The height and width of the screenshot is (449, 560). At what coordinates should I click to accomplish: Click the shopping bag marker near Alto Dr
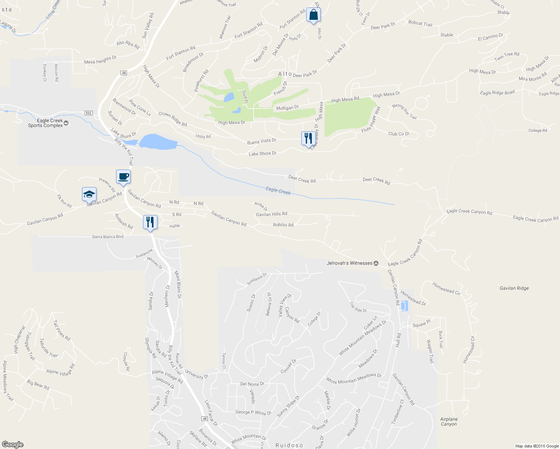pyautogui.click(x=313, y=15)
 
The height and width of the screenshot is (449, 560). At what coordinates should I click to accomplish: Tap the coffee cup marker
pyautogui.click(x=123, y=177)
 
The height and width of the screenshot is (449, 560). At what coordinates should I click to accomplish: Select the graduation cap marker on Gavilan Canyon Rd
pyautogui.click(x=89, y=195)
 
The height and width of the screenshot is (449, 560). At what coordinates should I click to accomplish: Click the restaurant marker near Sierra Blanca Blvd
pyautogui.click(x=150, y=222)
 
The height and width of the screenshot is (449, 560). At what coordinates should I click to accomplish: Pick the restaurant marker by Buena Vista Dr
pyautogui.click(x=308, y=138)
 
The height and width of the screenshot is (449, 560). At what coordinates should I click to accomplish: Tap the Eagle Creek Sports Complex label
pyautogui.click(x=46, y=123)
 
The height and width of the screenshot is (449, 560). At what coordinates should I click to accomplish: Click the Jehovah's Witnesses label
pyautogui.click(x=350, y=263)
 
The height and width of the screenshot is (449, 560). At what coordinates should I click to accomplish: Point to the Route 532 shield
pyautogui.click(x=88, y=113)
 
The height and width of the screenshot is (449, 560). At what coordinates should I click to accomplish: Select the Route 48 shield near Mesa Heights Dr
pyautogui.click(x=124, y=73)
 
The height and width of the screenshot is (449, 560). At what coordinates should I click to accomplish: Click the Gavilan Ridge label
pyautogui.click(x=514, y=288)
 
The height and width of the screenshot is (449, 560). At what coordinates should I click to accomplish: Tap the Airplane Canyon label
pyautogui.click(x=449, y=422)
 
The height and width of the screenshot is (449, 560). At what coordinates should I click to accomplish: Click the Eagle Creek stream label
pyautogui.click(x=278, y=190)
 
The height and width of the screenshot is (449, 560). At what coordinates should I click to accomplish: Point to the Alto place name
pyautogui.click(x=285, y=74)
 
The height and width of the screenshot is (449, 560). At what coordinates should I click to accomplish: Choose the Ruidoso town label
pyautogui.click(x=289, y=445)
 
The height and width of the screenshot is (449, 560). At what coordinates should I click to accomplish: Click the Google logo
pyautogui.click(x=12, y=445)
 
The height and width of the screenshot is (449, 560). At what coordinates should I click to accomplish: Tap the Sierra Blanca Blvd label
pyautogui.click(x=107, y=237)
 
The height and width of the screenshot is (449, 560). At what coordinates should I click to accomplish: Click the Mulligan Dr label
pyautogui.click(x=287, y=108)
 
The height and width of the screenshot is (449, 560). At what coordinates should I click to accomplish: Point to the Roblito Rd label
pyautogui.click(x=283, y=225)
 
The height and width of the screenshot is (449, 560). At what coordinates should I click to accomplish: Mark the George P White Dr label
pyautogui.click(x=253, y=412)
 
